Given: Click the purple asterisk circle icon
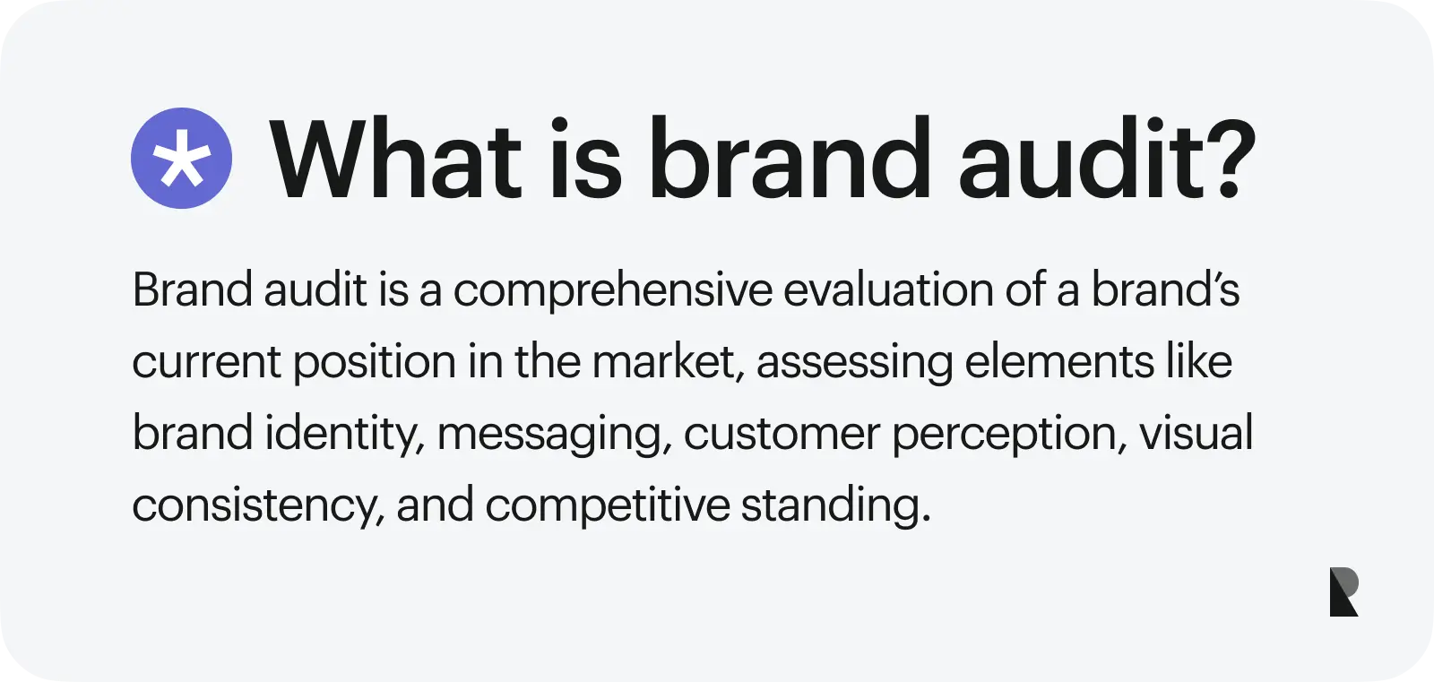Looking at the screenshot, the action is coord(181,158).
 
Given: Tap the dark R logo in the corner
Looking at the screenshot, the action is coord(1343,591).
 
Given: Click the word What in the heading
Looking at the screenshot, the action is coord(395,158).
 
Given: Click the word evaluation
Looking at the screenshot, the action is coord(888,290).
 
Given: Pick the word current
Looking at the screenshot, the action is coord(207,362).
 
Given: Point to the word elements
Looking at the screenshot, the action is coord(1059,362).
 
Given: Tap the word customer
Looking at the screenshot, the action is coord(782,435).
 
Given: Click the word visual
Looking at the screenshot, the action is coord(1196,434).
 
